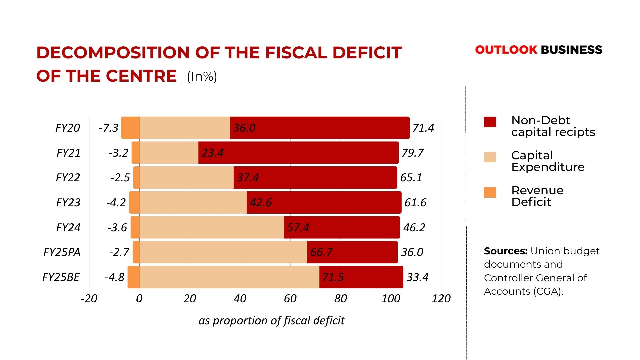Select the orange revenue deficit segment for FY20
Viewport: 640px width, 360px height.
(x=131, y=128)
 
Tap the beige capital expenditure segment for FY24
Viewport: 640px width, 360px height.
(x=212, y=227)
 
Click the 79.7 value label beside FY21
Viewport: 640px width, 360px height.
(x=412, y=153)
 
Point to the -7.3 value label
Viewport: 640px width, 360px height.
(x=109, y=128)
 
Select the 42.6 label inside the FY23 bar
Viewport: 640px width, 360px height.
(x=261, y=202)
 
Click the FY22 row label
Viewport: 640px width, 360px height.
(x=68, y=177)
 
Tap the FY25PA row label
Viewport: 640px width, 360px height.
(x=62, y=252)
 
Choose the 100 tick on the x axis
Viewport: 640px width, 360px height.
(x=391, y=298)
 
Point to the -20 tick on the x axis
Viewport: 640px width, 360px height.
(x=89, y=298)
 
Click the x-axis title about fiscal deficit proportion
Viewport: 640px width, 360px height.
(x=271, y=320)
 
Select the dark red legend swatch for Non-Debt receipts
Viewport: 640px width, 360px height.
(x=490, y=122)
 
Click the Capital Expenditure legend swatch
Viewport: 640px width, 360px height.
(x=490, y=157)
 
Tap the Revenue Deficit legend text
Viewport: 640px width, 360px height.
(x=537, y=196)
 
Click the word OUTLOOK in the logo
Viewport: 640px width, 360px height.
(x=506, y=50)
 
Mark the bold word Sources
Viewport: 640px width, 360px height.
(x=505, y=251)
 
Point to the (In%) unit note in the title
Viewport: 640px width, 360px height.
(x=202, y=77)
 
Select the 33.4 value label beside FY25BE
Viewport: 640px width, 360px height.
(x=417, y=277)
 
